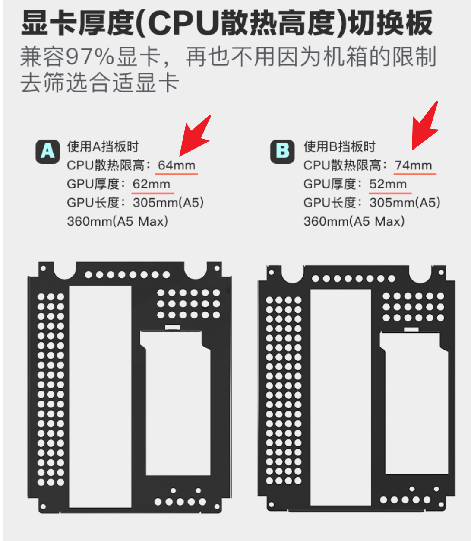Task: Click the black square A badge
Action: [47, 152]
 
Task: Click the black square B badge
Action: [282, 152]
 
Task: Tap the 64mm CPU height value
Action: [177, 165]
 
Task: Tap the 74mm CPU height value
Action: [414, 165]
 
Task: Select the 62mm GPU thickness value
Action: [152, 184]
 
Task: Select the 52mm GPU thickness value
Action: [388, 184]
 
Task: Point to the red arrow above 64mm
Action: [195, 136]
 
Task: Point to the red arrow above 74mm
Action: [425, 126]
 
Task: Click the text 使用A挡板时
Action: [103, 146]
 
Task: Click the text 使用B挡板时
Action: [339, 146]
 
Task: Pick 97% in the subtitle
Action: [90, 57]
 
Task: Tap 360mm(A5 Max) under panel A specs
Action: [117, 221]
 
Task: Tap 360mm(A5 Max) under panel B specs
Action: [354, 221]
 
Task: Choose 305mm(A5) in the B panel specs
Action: [405, 203]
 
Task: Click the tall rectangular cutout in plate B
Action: [341, 398]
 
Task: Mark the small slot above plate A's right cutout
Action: [173, 328]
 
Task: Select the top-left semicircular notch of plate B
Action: [293, 275]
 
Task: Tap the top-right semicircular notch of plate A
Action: [196, 271]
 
